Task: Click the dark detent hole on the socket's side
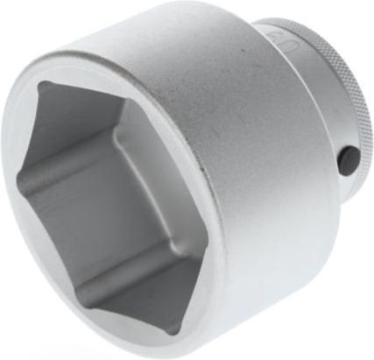(349, 158)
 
